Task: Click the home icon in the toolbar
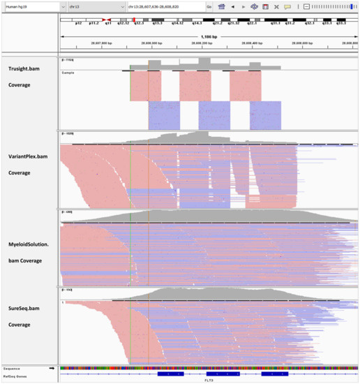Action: click(x=221, y=6)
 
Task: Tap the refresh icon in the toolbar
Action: click(x=254, y=6)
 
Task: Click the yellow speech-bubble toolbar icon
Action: click(x=287, y=6)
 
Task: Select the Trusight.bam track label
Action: click(x=29, y=70)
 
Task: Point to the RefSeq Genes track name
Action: click(x=15, y=375)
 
